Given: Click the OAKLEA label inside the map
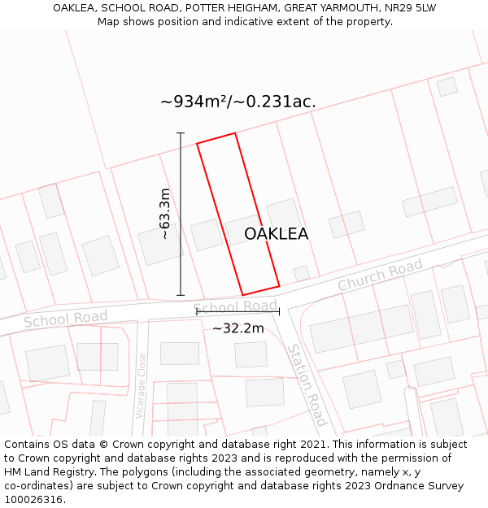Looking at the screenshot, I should click(277, 234).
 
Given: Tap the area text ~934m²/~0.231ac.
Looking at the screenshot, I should click(237, 102).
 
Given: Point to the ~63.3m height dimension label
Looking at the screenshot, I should click(165, 214).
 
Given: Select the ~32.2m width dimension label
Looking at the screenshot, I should click(238, 328).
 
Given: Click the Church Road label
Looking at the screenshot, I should click(381, 276).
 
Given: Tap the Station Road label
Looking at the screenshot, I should click(307, 384).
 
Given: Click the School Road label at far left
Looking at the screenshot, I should click(66, 319).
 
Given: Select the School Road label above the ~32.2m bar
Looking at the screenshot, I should click(236, 306).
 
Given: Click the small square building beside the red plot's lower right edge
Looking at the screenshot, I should click(302, 273).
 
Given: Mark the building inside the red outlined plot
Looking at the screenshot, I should click(242, 230).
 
